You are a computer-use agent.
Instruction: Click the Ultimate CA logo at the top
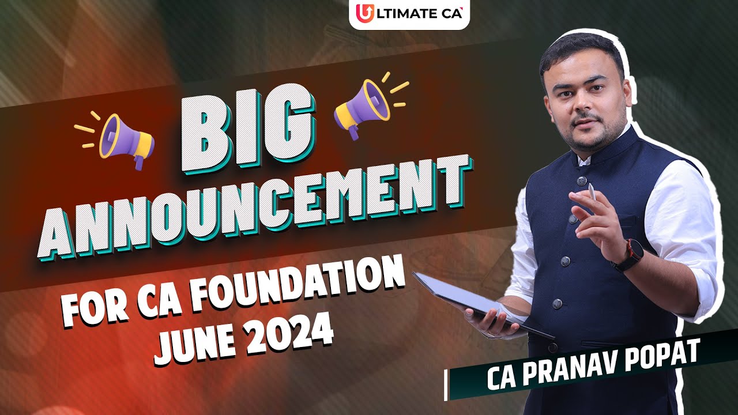[x=409, y=13]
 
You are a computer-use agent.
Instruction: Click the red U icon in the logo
[x=364, y=13]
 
